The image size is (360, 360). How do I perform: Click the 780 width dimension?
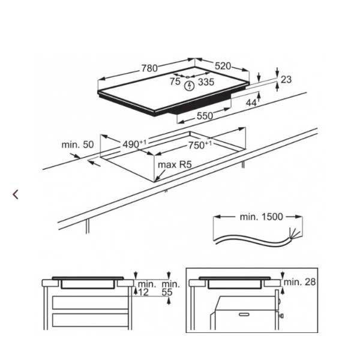tap(149, 68)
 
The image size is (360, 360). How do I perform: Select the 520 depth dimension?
tap(223, 66)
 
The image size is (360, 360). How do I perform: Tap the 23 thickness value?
tap(286, 79)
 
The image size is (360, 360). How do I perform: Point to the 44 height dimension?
tap(251, 103)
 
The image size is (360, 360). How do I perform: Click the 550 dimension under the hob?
tap(205, 116)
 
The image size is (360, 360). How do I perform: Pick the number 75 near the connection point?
tap(175, 81)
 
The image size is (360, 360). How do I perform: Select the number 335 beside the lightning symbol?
tap(206, 82)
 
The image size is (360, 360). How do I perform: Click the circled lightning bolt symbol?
tap(190, 86)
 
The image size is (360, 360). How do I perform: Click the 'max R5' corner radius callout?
tap(175, 164)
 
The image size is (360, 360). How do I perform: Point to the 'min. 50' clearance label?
tap(77, 145)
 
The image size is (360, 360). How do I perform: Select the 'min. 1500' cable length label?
tap(261, 217)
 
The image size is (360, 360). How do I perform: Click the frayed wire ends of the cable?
tap(295, 234)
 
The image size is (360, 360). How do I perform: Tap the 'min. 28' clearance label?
tap(300, 282)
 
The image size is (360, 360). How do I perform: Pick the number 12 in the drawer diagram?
tap(143, 292)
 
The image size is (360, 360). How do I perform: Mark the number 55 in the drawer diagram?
tap(167, 292)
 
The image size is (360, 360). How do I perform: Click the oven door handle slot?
tap(244, 314)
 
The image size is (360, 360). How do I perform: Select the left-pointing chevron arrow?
tap(16, 194)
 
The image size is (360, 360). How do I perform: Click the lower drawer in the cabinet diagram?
tap(90, 320)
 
